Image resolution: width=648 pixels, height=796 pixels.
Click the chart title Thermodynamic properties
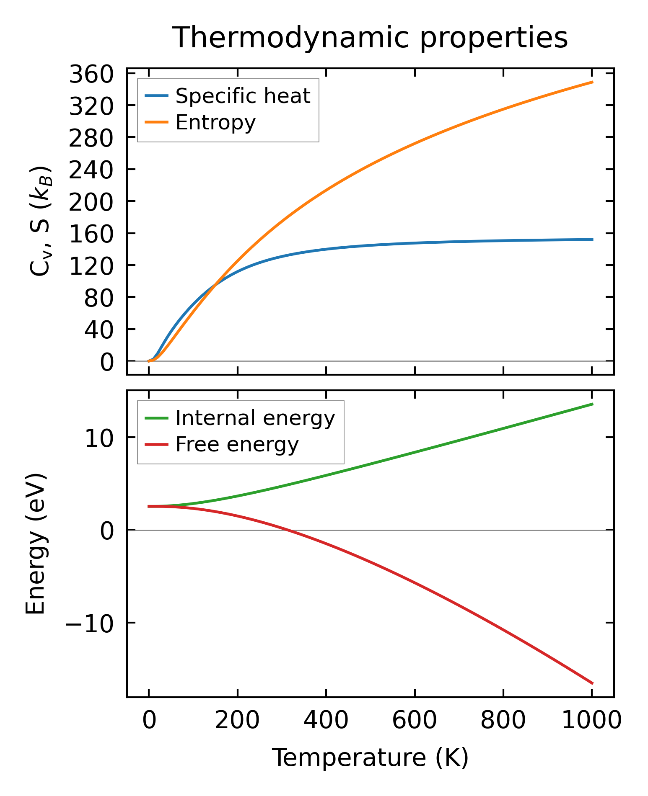pyautogui.click(x=370, y=38)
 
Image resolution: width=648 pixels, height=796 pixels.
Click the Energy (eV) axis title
pyautogui.click(x=36, y=544)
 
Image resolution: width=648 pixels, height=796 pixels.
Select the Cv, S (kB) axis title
pyautogui.click(x=41, y=221)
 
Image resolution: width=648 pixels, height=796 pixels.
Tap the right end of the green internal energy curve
pyautogui.click(x=592, y=404)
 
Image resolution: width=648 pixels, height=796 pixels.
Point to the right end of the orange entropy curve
pyautogui.click(x=592, y=82)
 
